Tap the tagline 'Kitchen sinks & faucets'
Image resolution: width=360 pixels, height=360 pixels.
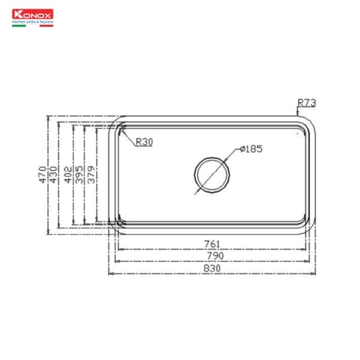tap(33, 22)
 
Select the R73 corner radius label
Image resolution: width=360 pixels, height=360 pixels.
tap(306, 103)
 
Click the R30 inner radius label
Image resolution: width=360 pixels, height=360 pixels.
tap(144, 142)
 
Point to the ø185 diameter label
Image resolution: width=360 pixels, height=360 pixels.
tap(251, 149)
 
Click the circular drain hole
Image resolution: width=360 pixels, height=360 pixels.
tap(211, 175)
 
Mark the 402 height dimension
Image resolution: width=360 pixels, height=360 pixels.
tap(68, 174)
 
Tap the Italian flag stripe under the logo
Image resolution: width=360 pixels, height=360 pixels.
tap(33, 26)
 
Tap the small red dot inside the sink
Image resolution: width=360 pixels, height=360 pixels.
tap(298, 135)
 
